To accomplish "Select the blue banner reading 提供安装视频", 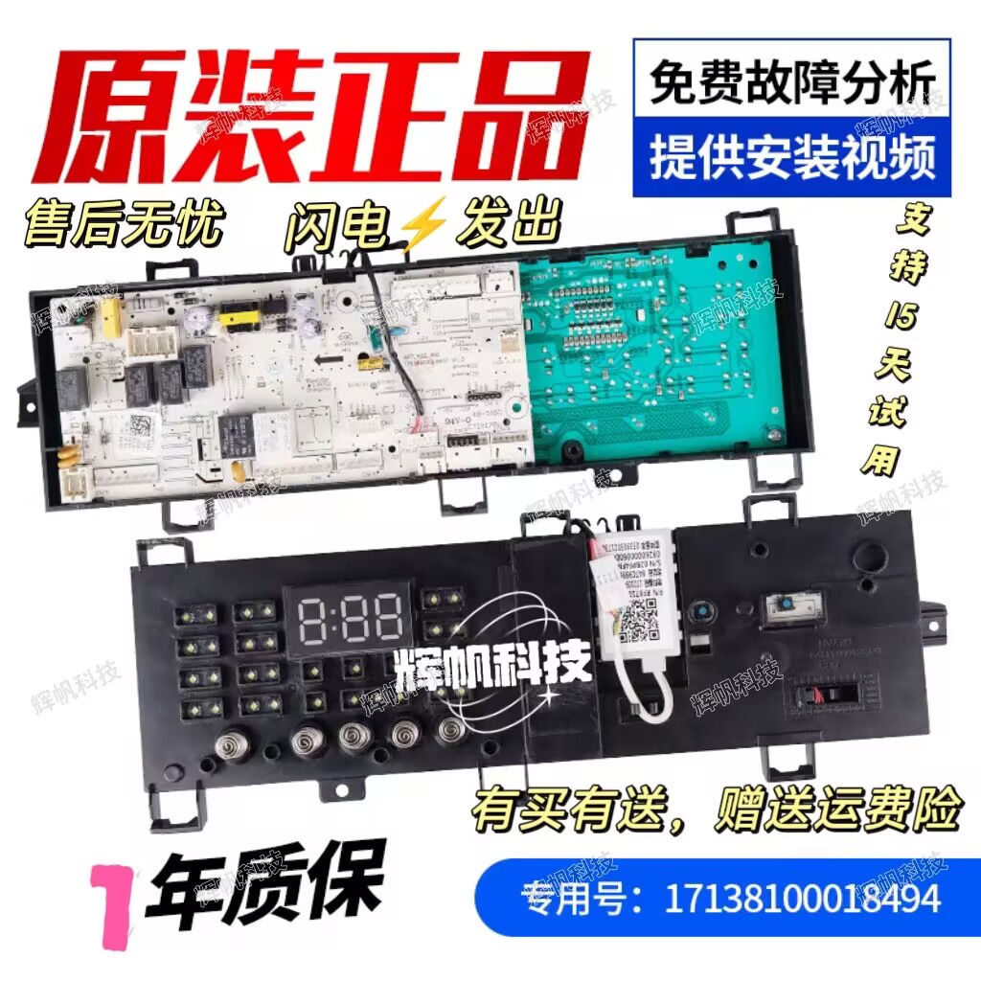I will pyautogui.click(x=791, y=158).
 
